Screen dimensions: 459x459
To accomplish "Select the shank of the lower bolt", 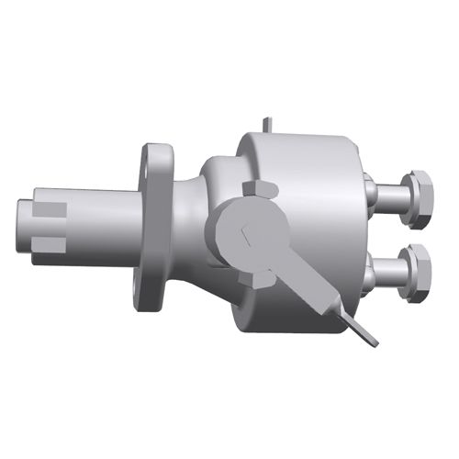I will (391, 272).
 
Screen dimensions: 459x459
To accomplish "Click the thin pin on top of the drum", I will (265, 124).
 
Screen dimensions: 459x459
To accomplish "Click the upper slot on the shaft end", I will (51, 208).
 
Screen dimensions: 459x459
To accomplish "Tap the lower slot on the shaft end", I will (51, 243).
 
